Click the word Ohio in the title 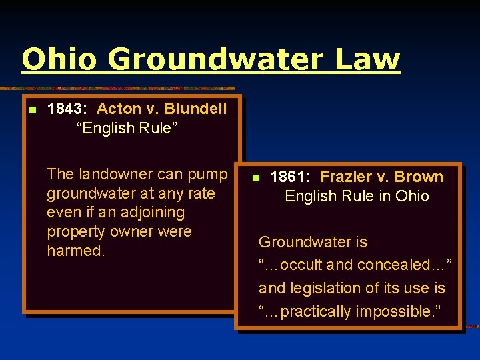point(59,59)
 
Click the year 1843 point(67,109)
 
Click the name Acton point(119,109)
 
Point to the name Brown point(419,177)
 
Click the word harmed point(75,251)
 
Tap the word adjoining point(151,213)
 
